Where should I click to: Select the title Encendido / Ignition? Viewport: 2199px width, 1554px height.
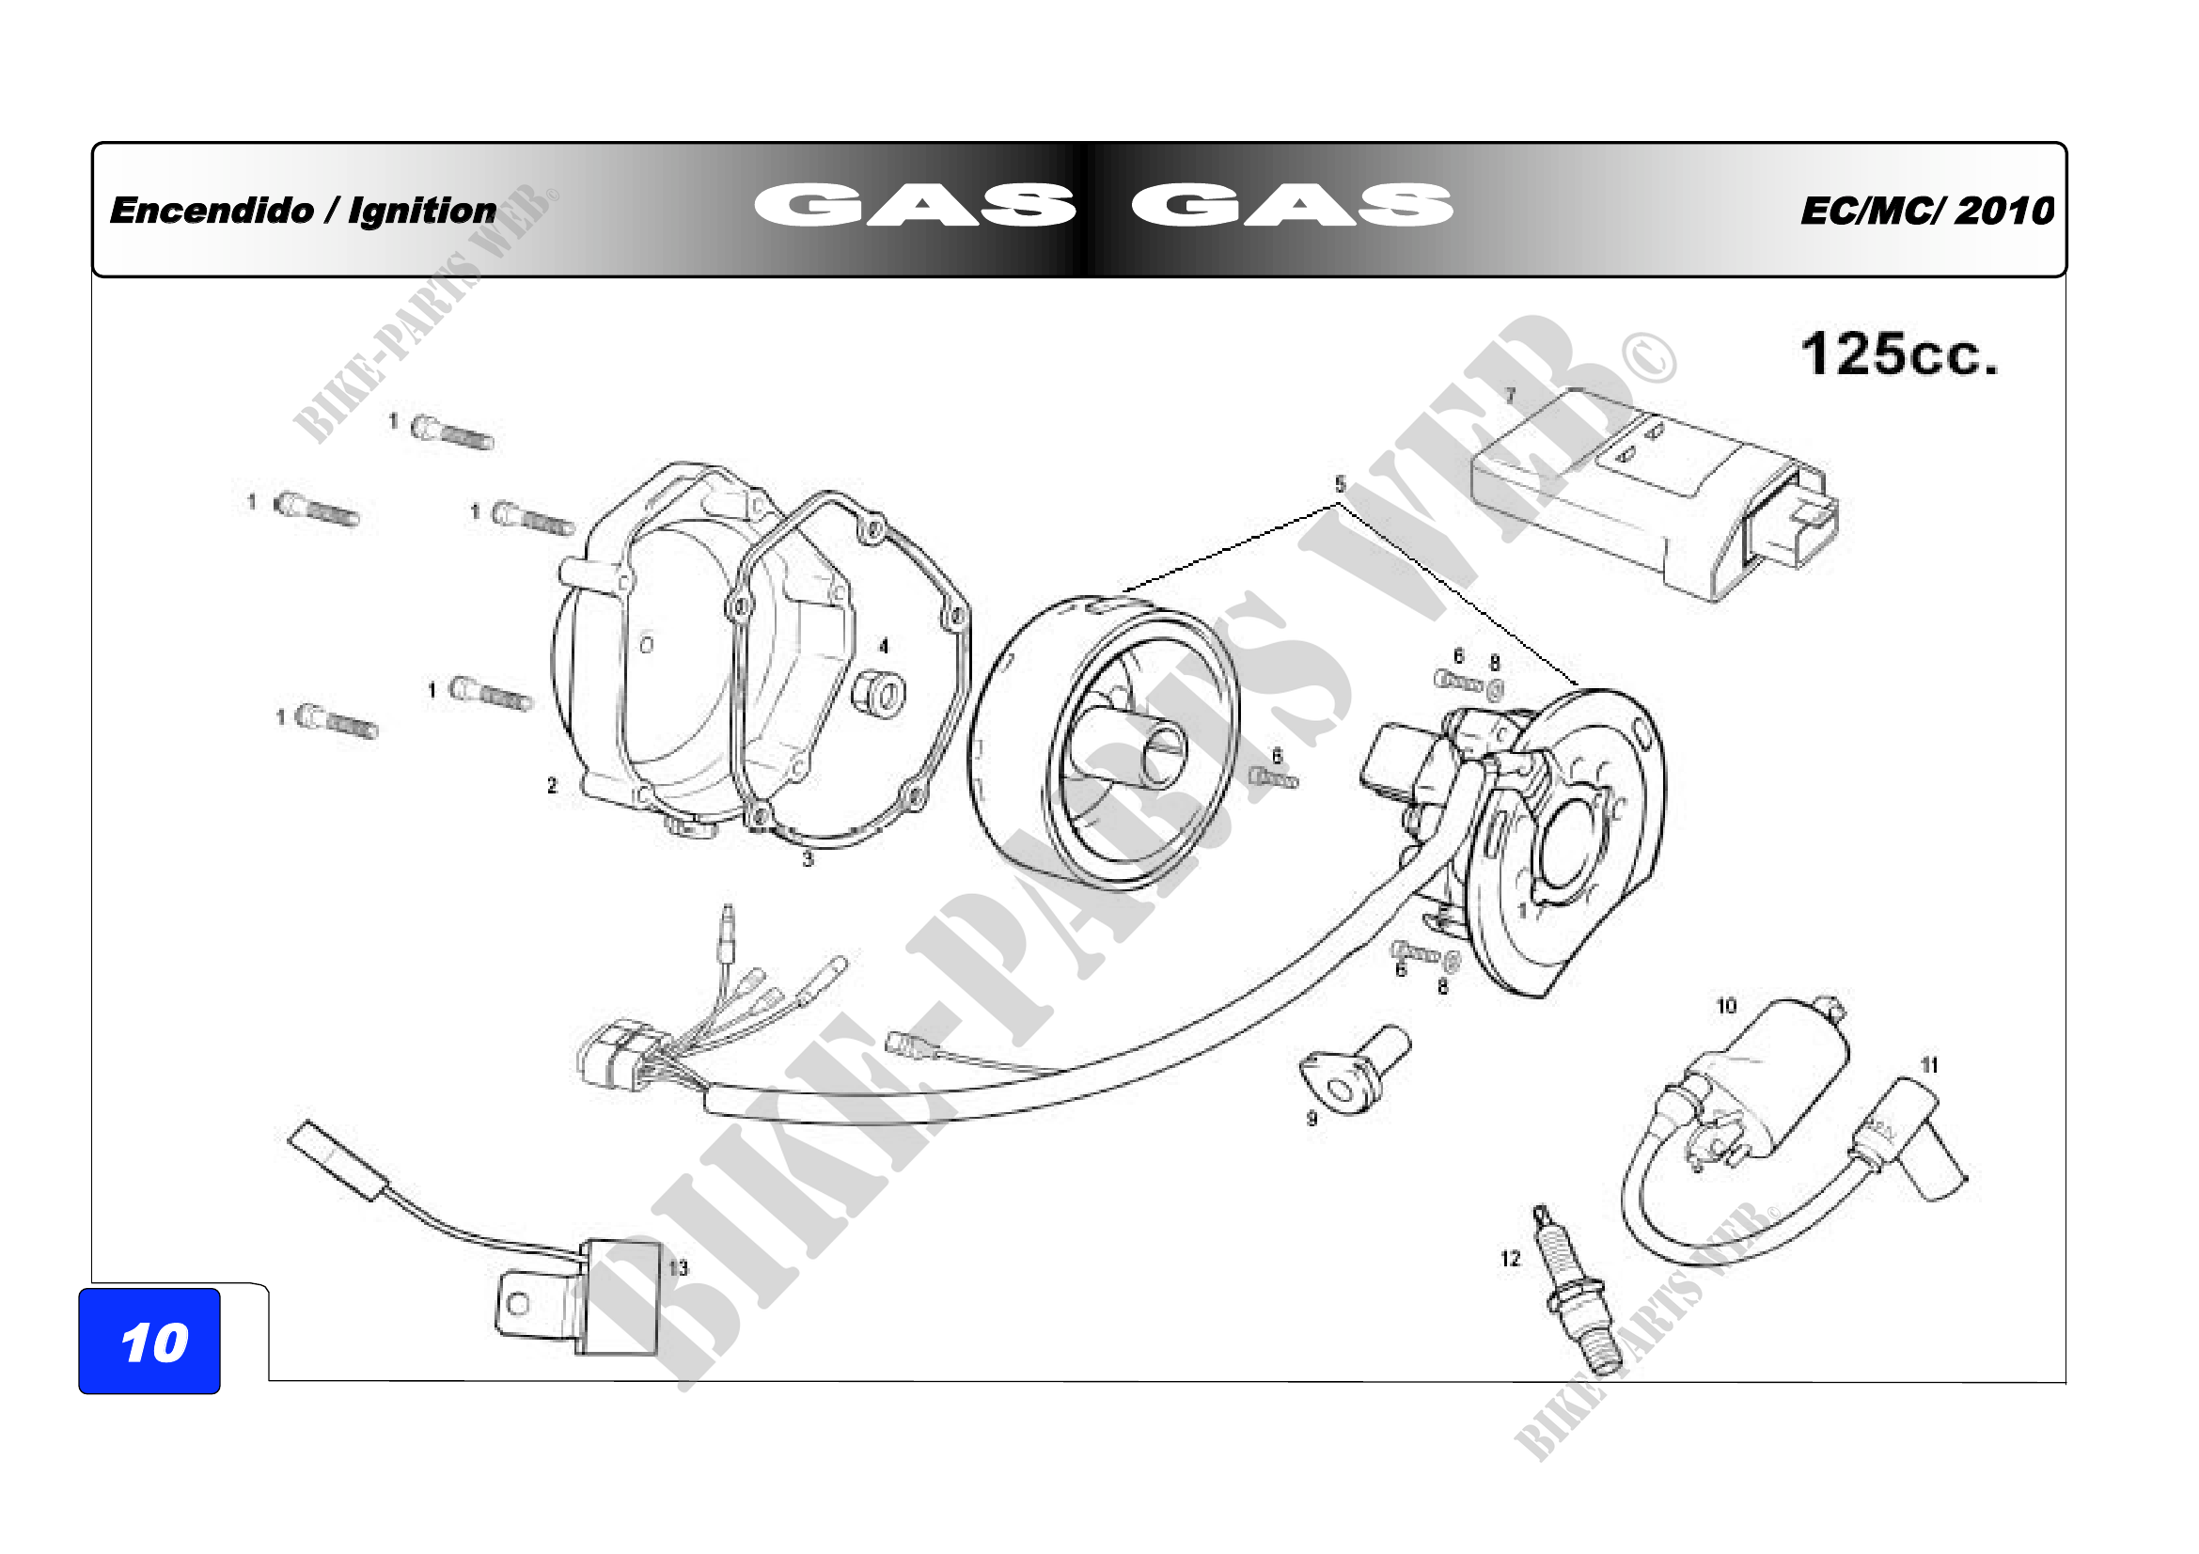303,211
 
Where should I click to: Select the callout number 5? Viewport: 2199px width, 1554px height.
1340,484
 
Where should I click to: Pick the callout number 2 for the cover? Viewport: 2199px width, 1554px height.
552,785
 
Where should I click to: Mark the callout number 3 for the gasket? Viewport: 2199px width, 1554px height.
808,859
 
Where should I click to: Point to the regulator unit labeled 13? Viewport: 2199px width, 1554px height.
584,1297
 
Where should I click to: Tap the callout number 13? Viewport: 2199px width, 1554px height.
678,1267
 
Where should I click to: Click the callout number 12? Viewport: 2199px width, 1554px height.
1511,1258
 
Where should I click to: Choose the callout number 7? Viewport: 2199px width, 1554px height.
1511,395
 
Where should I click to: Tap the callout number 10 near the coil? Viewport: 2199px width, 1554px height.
1725,1005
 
